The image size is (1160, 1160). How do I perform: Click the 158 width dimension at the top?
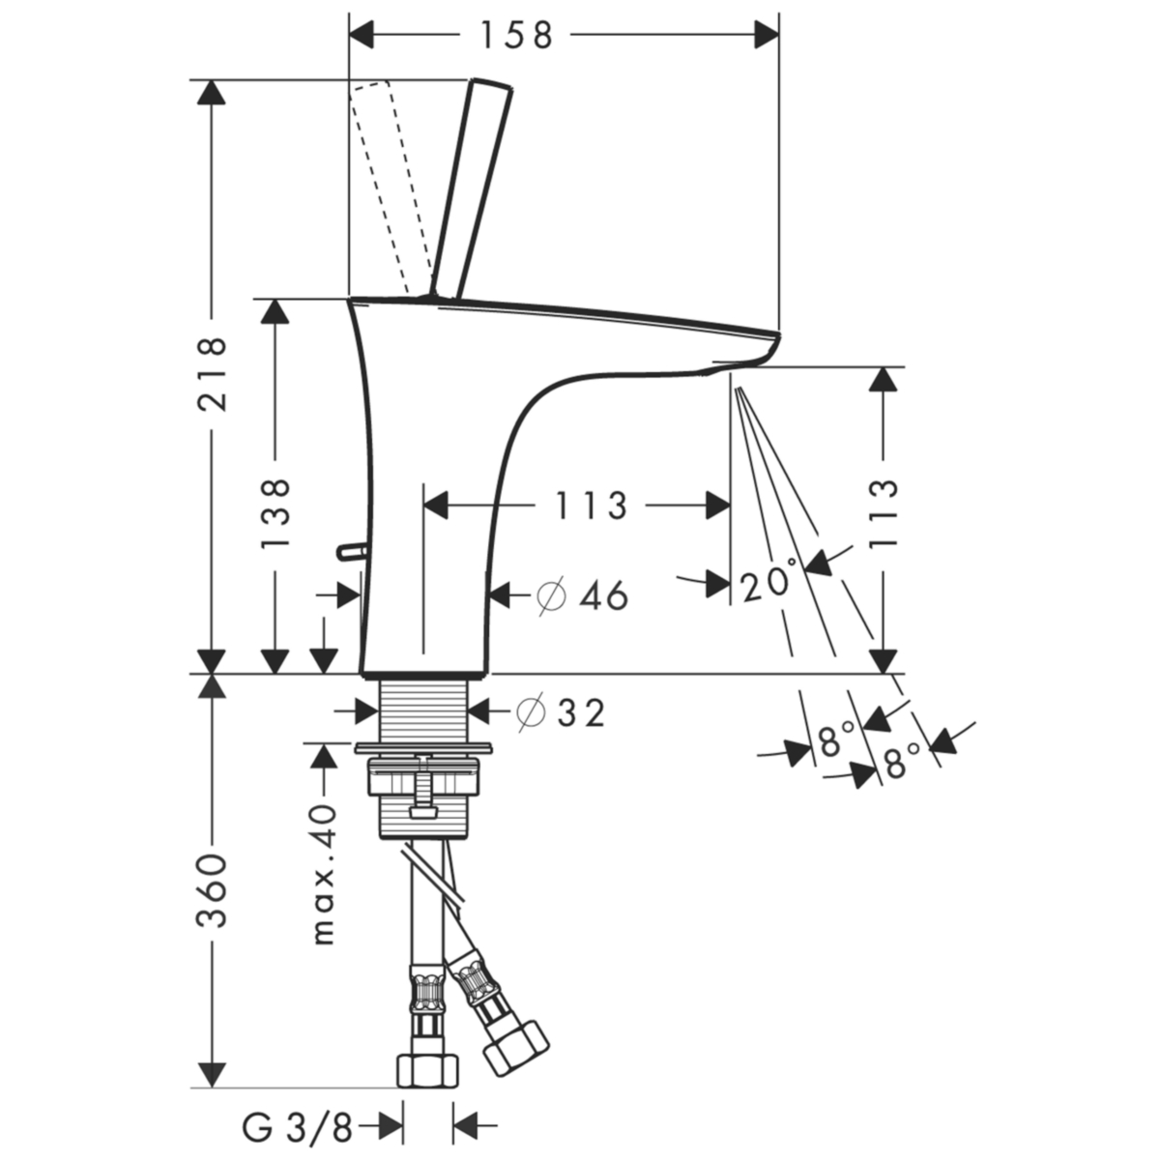(x=516, y=35)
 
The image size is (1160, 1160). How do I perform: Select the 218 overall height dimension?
(x=213, y=374)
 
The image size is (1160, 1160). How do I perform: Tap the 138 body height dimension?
(x=275, y=513)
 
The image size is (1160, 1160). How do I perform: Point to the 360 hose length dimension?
(x=213, y=889)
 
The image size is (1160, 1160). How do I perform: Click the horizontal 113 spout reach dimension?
(x=591, y=505)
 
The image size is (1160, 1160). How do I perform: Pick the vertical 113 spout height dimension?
(x=884, y=512)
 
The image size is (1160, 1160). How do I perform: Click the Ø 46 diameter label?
(x=583, y=596)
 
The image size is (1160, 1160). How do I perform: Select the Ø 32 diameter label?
(x=561, y=712)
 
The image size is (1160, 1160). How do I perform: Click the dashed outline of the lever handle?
(x=390, y=188)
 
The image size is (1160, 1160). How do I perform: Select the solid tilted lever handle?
(x=472, y=188)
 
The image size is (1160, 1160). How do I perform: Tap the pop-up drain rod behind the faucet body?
(x=352, y=550)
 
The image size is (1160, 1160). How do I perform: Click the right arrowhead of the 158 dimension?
(x=767, y=35)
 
